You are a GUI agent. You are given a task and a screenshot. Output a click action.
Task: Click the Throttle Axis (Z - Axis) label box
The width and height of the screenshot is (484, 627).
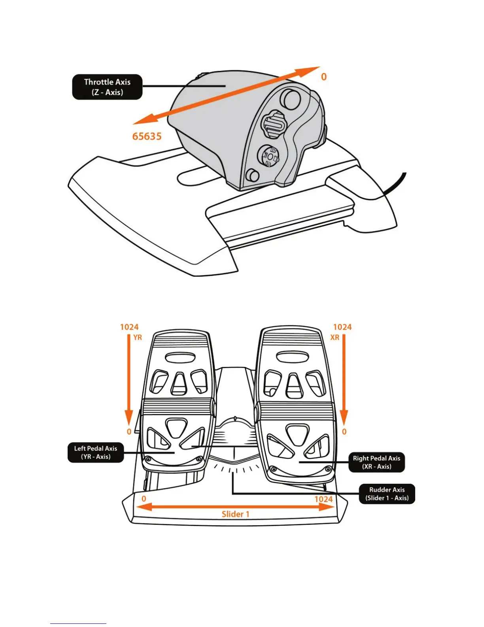pyautogui.click(x=107, y=87)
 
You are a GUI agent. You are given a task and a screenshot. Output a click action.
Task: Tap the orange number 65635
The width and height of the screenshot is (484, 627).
pyautogui.click(x=147, y=137)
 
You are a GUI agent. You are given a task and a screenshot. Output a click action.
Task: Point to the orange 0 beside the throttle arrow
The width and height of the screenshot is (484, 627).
pyautogui.click(x=324, y=77)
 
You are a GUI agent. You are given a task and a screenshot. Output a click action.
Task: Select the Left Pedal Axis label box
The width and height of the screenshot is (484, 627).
pyautogui.click(x=96, y=452)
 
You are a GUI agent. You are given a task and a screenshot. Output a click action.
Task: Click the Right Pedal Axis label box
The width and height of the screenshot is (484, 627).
pyautogui.click(x=376, y=462)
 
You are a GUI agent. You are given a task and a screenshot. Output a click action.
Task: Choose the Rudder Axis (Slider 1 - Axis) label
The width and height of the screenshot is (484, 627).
pyautogui.click(x=387, y=494)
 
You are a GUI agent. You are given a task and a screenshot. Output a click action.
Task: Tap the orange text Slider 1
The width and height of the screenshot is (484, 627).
pyautogui.click(x=235, y=514)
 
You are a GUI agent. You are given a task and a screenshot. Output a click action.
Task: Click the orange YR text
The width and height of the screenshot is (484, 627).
pyautogui.click(x=137, y=338)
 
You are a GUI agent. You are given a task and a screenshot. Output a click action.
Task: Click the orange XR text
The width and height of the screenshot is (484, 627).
pyautogui.click(x=335, y=338)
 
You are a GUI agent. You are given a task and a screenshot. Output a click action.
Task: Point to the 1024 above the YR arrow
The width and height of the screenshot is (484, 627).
pyautogui.click(x=129, y=327)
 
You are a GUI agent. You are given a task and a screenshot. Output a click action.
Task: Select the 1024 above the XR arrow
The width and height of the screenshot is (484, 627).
pyautogui.click(x=342, y=327)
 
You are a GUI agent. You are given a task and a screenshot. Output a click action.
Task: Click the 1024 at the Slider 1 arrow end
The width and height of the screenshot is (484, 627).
pyautogui.click(x=323, y=499)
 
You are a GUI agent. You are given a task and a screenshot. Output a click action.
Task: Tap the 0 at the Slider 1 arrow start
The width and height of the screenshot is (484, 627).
pyautogui.click(x=144, y=499)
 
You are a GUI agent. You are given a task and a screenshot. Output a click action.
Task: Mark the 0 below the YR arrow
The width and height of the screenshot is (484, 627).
pyautogui.click(x=129, y=432)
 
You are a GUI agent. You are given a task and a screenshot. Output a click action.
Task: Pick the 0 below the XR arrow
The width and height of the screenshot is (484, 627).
pyautogui.click(x=344, y=432)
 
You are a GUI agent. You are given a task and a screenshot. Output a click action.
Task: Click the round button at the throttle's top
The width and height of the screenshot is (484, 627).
pyautogui.click(x=291, y=99)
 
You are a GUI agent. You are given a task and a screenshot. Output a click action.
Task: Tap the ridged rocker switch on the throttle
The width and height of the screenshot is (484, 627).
pyautogui.click(x=273, y=125)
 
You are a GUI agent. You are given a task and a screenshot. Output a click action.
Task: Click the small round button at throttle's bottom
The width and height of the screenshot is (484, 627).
pyautogui.click(x=252, y=175)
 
